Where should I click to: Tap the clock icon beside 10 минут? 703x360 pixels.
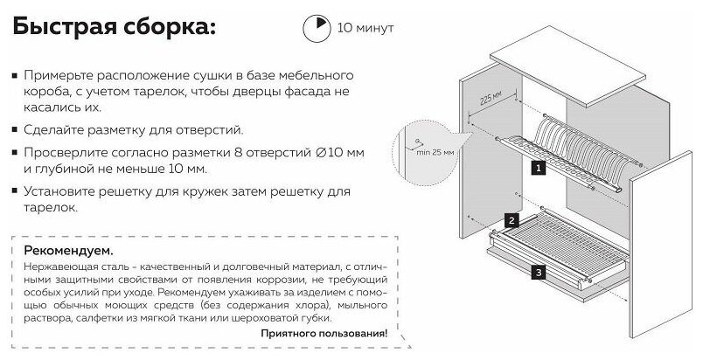coord(316,28)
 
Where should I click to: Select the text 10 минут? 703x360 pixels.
coord(365,29)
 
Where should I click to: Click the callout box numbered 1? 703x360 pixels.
coord(540,165)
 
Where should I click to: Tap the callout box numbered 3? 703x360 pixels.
coord(539,273)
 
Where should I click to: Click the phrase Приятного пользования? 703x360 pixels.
coord(324,333)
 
